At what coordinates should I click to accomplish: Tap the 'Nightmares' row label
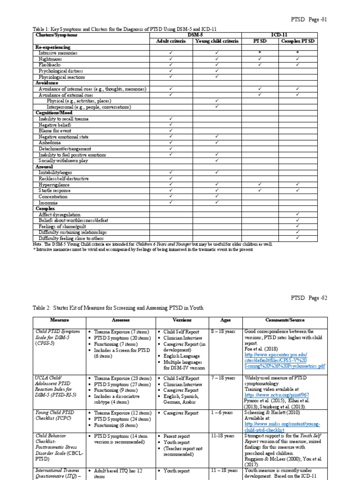tap(51, 59)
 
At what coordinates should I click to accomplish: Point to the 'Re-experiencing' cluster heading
tap(53, 47)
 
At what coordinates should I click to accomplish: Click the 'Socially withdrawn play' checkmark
tap(217, 161)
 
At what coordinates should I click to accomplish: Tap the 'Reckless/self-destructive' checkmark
tap(171, 179)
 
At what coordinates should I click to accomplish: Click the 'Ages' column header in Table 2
tap(225, 320)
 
